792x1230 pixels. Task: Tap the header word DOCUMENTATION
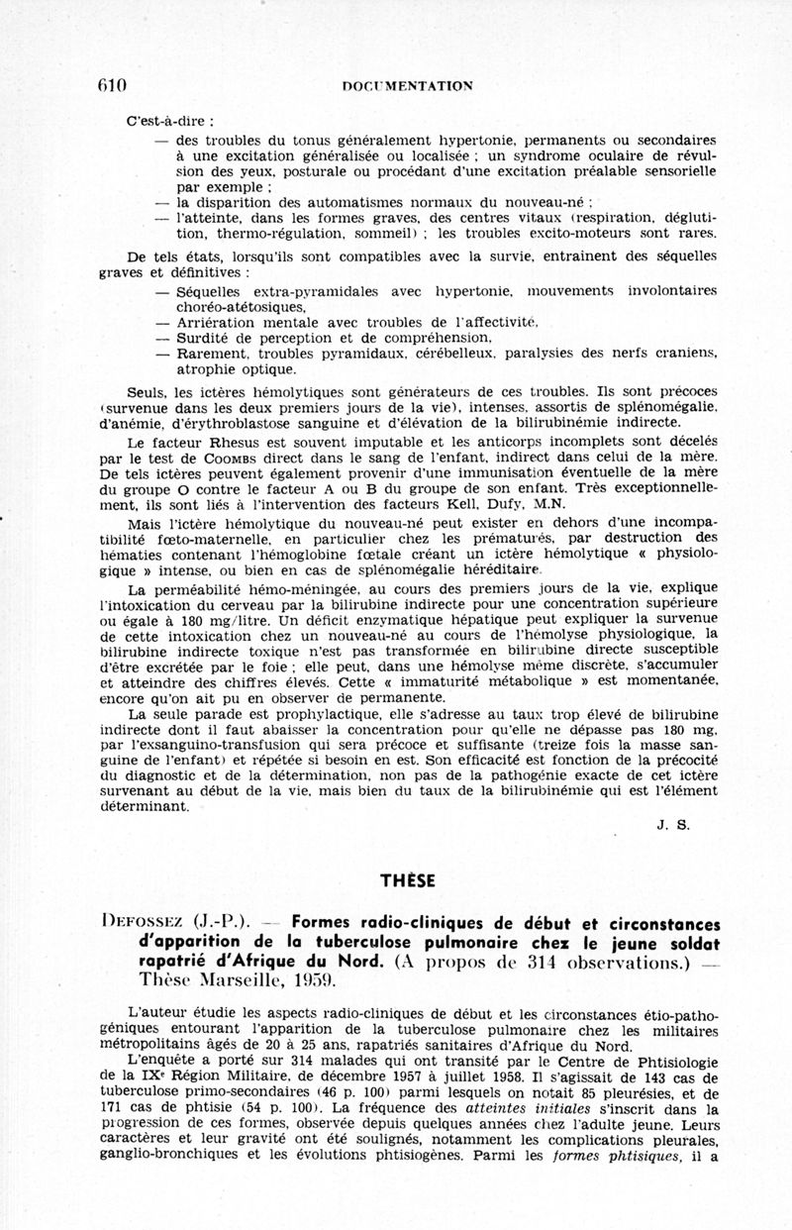[407, 86]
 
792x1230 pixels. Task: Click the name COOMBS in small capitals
[234, 459]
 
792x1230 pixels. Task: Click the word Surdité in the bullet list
[204, 336]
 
